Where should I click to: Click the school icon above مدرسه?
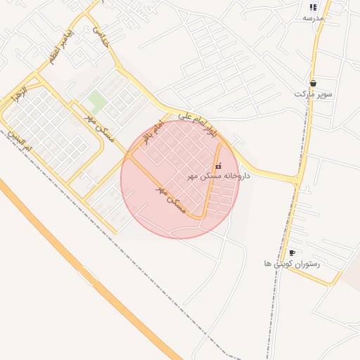pos(313,8)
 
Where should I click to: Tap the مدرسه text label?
pos(313,18)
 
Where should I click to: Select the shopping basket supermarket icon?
pos(313,83)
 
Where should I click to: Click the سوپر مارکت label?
pos(314,94)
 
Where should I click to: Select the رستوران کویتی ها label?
pos(292,264)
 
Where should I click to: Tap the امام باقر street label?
pos(153,131)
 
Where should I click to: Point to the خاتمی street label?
pos(101,37)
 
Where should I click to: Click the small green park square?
pos(97,100)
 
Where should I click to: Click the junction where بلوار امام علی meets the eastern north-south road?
pos(300,181)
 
